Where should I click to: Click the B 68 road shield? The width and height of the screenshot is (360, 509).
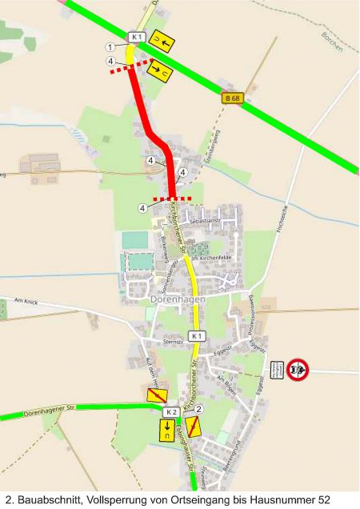pos(232,98)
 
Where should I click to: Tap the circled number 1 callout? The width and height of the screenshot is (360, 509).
pos(109,47)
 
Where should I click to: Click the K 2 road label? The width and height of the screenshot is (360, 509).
pos(170,411)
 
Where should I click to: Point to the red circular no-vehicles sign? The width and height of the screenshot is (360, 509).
pos(298,369)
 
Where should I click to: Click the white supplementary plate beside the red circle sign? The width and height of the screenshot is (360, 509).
pos(277,369)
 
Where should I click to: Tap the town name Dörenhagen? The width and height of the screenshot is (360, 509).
pos(178,299)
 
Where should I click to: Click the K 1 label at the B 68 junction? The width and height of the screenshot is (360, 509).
pos(136,37)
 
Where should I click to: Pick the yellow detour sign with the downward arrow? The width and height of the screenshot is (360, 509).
pos(167,431)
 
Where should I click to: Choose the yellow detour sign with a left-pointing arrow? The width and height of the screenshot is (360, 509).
pos(163,41)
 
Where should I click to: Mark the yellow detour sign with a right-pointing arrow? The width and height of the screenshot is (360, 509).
pos(162,71)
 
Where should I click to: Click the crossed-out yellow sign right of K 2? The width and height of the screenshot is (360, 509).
pos(193,426)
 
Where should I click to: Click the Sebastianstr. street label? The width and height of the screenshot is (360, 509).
pos(210,218)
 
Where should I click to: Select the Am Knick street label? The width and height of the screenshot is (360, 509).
pos(26,302)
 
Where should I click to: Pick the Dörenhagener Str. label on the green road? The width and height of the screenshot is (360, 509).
pos(49,410)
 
